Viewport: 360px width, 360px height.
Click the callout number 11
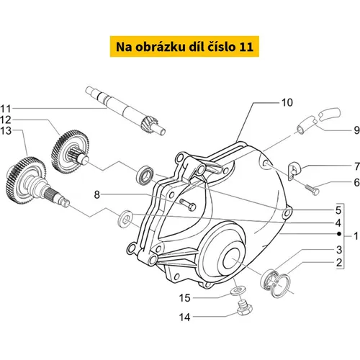pos(6,109)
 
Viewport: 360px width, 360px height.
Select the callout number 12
pos(6,120)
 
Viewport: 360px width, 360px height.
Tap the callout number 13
pos(6,131)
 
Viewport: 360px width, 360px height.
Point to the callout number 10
pos(287,102)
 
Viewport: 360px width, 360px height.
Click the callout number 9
pos(356,130)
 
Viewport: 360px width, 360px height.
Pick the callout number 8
pos(96,194)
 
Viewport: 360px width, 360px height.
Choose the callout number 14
pos(185,318)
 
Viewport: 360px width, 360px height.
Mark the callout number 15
pos(185,298)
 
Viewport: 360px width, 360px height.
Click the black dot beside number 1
pos(339,234)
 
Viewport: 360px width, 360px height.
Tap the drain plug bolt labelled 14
pos(244,307)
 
